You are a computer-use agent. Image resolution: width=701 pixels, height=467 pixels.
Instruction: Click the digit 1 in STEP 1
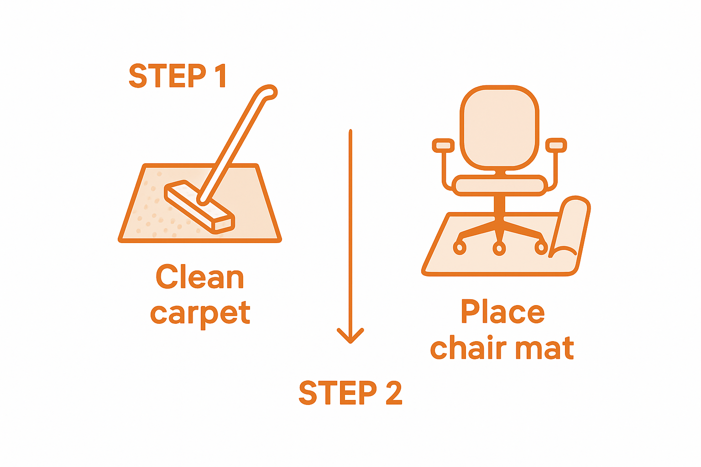pyautogui.click(x=221, y=76)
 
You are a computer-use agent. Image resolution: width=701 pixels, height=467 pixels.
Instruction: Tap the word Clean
pyautogui.click(x=200, y=277)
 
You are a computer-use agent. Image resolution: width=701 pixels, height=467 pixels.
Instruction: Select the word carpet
pyautogui.click(x=200, y=314)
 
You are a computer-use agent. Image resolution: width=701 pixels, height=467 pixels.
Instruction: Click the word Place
pyautogui.click(x=502, y=312)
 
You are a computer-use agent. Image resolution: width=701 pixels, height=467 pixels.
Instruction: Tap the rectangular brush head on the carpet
pyautogui.click(x=199, y=207)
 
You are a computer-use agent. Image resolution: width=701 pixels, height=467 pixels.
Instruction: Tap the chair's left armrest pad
pyautogui.click(x=443, y=145)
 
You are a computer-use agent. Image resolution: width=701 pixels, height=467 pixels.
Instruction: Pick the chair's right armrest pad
pyautogui.click(x=556, y=145)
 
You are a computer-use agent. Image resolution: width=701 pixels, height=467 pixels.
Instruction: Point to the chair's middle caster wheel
pyautogui.click(x=499, y=249)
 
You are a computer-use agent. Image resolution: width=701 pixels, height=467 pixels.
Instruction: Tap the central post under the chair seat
pyautogui.click(x=499, y=208)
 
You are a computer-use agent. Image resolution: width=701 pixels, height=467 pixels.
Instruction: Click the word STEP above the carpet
pyautogui.click(x=167, y=76)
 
